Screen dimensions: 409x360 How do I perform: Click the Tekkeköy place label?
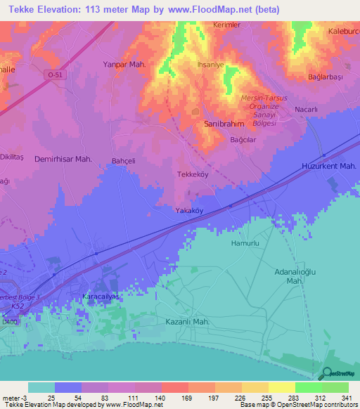click(x=191, y=174)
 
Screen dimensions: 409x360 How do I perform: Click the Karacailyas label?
click(x=98, y=297)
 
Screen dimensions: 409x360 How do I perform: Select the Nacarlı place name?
click(x=307, y=110)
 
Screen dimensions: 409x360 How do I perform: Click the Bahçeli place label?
click(x=123, y=161)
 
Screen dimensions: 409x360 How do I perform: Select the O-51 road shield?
click(x=57, y=73)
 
